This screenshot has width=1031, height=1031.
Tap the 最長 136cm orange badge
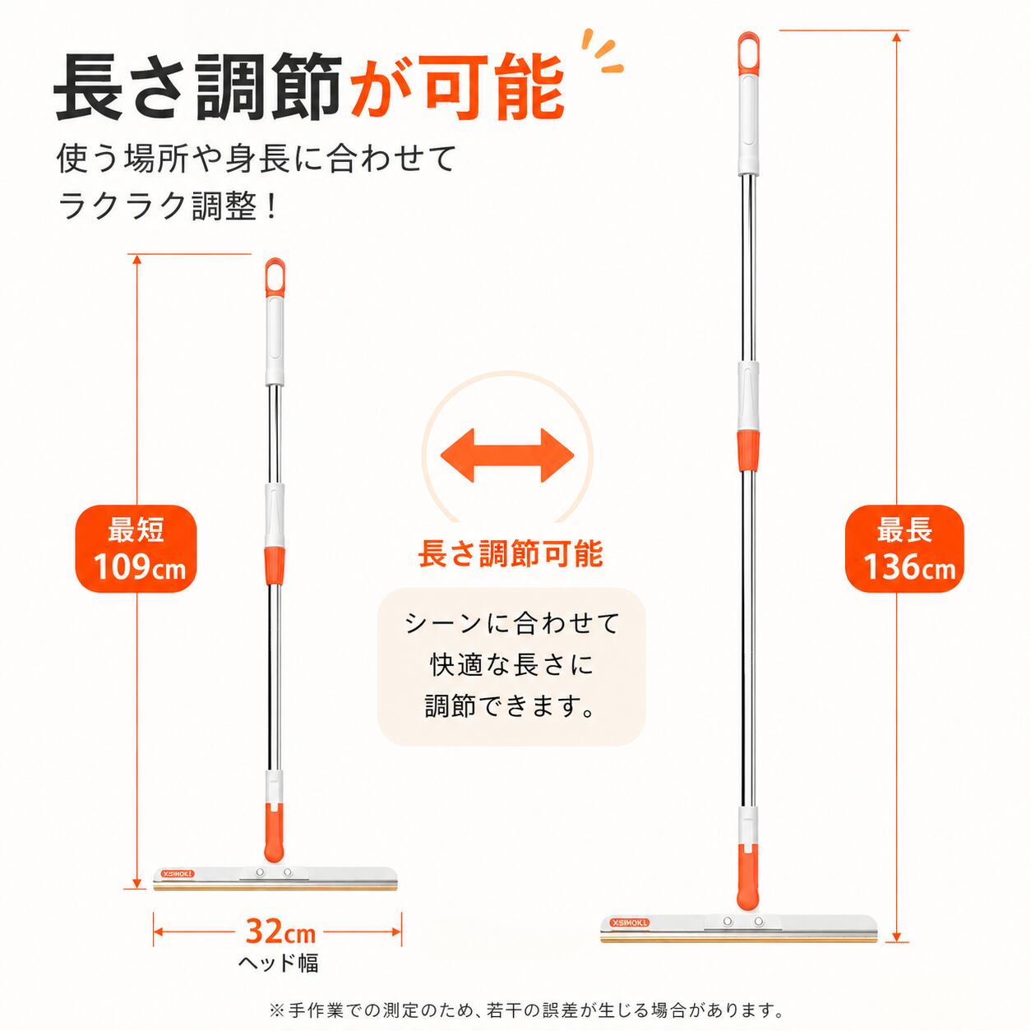[x=904, y=548]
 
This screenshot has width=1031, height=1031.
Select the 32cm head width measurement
[x=280, y=931]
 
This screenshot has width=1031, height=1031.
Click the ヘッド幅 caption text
[x=278, y=963]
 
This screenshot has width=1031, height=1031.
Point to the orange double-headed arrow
[x=506, y=455]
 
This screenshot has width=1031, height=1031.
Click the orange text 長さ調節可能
[x=511, y=553]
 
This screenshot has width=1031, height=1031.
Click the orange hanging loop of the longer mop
[x=749, y=53]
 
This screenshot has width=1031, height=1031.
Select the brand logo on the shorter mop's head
[x=178, y=874]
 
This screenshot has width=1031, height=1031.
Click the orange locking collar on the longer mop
[x=748, y=450]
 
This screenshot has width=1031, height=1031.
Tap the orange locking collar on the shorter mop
[x=275, y=565]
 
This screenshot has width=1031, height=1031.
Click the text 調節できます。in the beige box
[x=510, y=706]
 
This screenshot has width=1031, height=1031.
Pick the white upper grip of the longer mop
[x=749, y=125]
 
